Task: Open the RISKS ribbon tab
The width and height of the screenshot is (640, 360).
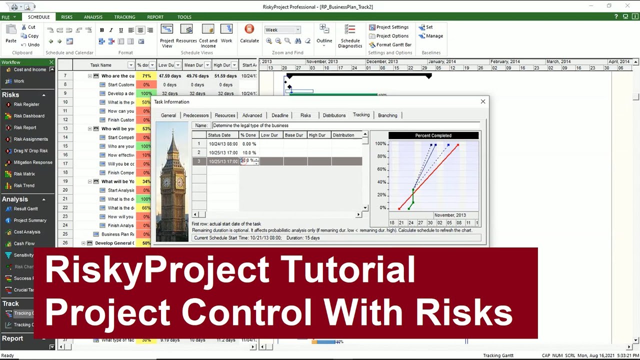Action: pos(66,17)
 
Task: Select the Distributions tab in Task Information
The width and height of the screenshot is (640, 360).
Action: pos(334,115)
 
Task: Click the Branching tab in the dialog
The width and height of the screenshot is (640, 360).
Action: pos(387,115)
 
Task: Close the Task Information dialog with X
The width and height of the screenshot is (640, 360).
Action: pos(483,101)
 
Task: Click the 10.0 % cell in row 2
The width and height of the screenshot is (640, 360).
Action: pos(249,152)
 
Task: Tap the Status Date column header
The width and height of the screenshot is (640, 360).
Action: pos(219,135)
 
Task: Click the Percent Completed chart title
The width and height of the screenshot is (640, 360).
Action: pos(433,135)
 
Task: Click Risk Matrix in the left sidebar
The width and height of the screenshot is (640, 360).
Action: pos(24,174)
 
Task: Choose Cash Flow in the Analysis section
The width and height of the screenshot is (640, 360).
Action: pos(24,243)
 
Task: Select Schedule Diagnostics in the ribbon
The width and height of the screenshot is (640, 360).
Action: pos(350,36)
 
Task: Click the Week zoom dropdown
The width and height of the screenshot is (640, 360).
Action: pos(282,30)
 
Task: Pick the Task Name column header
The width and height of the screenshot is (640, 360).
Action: pos(100,65)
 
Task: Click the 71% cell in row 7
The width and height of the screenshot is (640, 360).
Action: pos(146,76)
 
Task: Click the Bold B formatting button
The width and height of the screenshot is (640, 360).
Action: pos(102,30)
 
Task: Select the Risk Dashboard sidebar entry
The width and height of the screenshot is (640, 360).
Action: pos(29,116)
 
